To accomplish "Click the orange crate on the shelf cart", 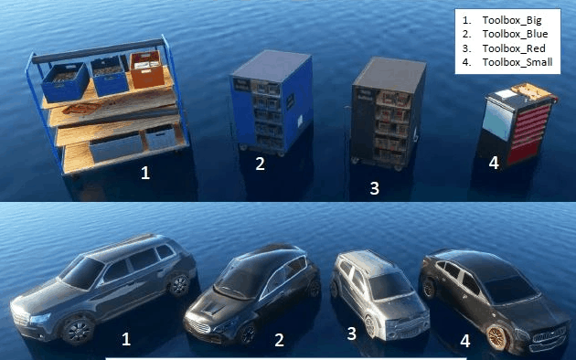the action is [147, 69].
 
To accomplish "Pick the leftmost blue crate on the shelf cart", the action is [66, 82].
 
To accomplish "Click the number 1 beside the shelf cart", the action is [145, 173].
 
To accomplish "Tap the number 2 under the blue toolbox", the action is [260, 164].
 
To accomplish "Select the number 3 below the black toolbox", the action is [374, 188].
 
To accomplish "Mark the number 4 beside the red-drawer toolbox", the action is [494, 163].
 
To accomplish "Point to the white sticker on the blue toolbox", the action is [301, 121].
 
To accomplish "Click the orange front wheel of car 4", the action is [497, 336].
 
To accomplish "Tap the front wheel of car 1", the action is [78, 330].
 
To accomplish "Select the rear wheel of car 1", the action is [179, 285].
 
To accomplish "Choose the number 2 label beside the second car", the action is [279, 340].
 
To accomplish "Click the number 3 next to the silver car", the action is [352, 334].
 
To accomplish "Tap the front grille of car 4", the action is [549, 335].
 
